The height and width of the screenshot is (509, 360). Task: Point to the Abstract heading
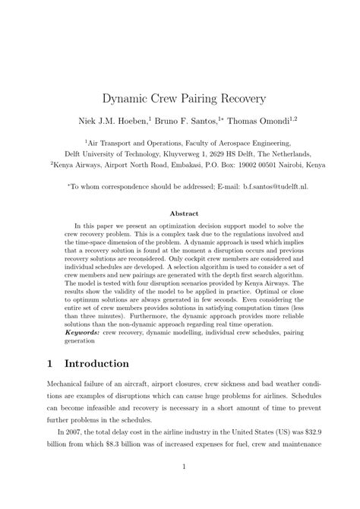coord(180,214)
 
